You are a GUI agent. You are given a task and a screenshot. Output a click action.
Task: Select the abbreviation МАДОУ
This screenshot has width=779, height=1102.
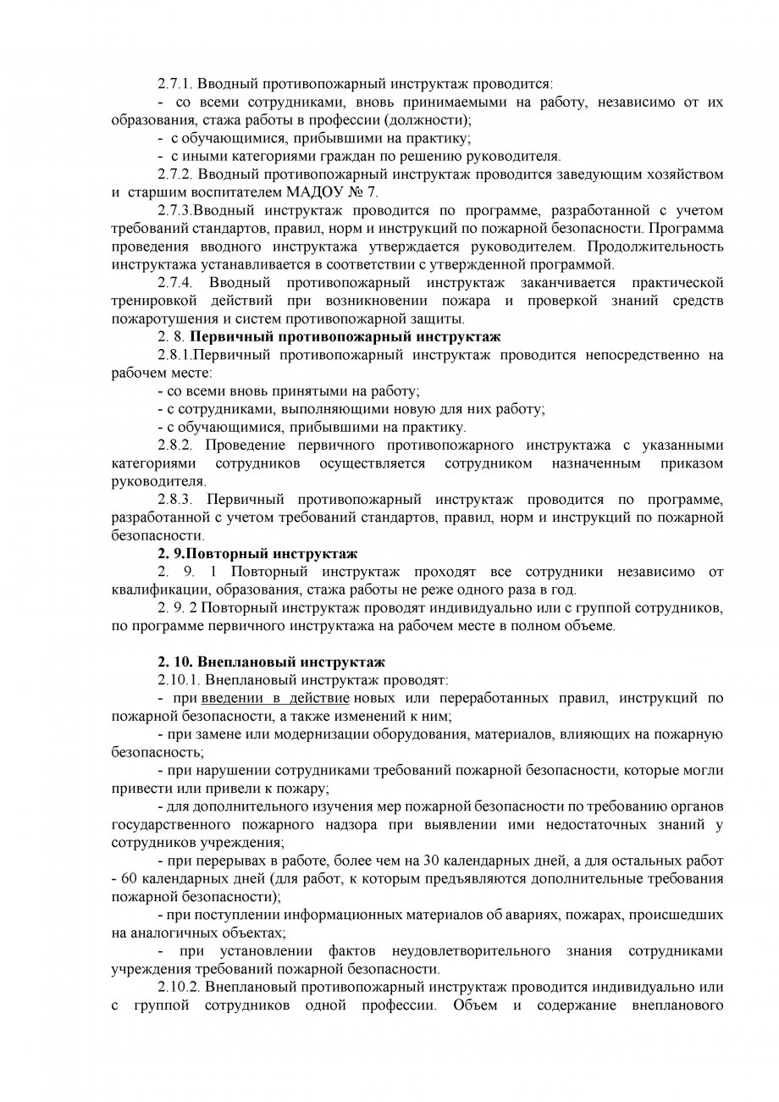[317, 192]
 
